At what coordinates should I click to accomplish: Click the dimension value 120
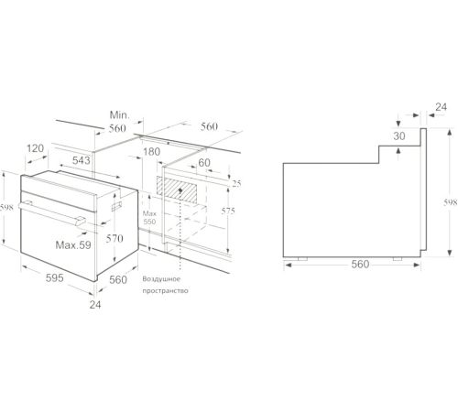click(x=36, y=148)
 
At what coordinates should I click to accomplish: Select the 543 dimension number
click(x=82, y=160)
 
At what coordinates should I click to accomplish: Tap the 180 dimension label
click(x=151, y=152)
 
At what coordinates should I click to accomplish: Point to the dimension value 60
click(x=204, y=163)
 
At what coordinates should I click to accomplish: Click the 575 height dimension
click(x=228, y=211)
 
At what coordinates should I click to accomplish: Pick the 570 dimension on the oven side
click(x=114, y=238)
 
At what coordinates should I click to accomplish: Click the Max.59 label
click(x=73, y=244)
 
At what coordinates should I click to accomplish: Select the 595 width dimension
click(x=55, y=278)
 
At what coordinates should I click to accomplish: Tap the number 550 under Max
click(x=149, y=222)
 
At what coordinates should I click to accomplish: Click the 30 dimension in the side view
click(x=399, y=136)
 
